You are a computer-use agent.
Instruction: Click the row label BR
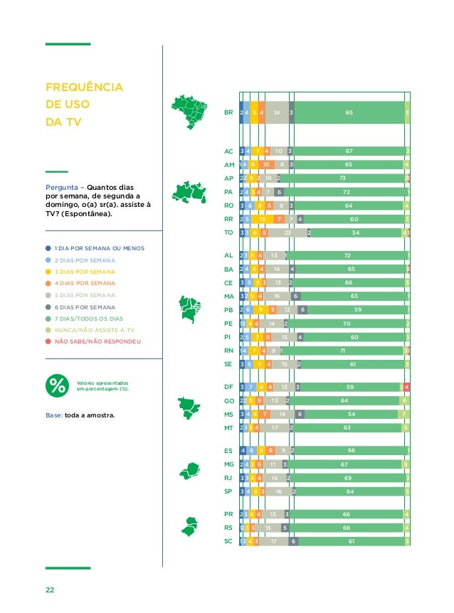(228, 112)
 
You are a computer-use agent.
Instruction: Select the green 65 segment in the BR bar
(349, 112)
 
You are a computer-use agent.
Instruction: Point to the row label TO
(228, 232)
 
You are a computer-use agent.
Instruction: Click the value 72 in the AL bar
(347, 255)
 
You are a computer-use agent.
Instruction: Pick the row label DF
(228, 388)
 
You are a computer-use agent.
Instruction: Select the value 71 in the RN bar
(343, 351)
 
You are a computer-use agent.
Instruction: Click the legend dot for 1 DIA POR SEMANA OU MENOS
(48, 248)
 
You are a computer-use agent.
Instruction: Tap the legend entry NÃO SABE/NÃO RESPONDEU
(97, 342)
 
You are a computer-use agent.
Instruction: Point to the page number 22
(51, 590)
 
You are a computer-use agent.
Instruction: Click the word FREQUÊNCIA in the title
(84, 88)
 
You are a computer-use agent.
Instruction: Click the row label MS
(228, 415)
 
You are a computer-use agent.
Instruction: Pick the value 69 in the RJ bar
(348, 479)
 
